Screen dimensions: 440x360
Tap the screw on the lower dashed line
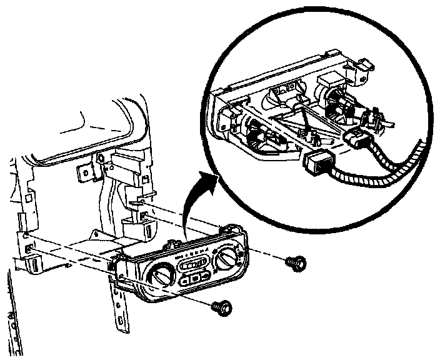[x=222, y=306]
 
